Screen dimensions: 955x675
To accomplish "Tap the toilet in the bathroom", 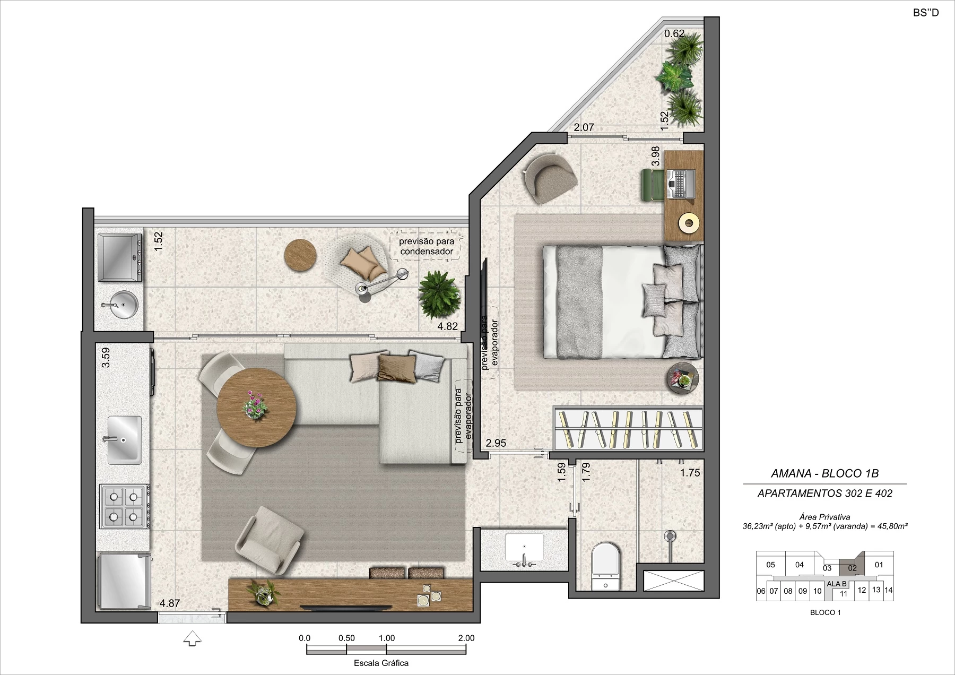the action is pos(605,566).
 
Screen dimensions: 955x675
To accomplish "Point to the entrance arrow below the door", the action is pos(192,638).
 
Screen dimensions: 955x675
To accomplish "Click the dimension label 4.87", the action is pos(170,603).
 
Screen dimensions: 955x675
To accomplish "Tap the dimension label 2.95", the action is pos(496,443).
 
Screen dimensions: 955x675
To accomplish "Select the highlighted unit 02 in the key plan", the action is pos(852,567).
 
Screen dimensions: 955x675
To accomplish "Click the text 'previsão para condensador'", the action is pos(427,246).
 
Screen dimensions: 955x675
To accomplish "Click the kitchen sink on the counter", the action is pos(125,440).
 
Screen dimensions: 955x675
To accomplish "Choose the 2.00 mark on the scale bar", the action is pos(466,638).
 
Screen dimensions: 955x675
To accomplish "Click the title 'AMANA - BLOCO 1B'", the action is pos(824,474).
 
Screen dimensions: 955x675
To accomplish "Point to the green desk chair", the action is pos(651,185).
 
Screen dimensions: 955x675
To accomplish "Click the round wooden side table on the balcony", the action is pos(301,256).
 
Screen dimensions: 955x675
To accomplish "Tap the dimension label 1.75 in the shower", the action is pos(690,473).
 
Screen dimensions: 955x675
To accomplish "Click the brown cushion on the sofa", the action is pos(396,368).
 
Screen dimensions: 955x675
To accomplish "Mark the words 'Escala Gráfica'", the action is pos(381,663).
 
